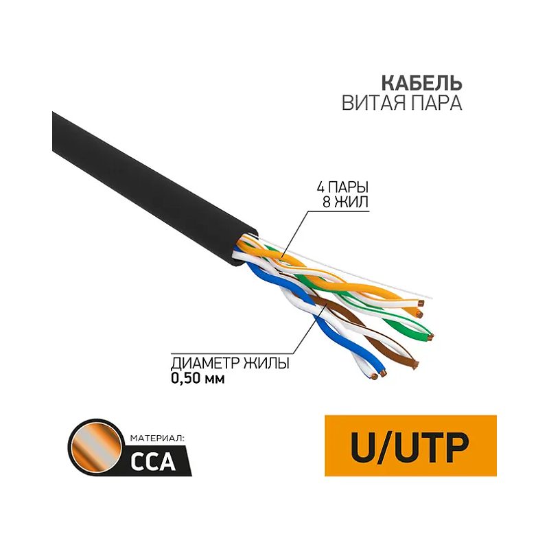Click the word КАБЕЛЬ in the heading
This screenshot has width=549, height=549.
pyautogui.click(x=421, y=83)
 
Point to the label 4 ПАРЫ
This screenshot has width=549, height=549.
pyautogui.click(x=342, y=187)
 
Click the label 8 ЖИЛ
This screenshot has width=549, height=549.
pyautogui.click(x=345, y=202)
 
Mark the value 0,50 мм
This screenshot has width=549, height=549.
pyautogui.click(x=198, y=378)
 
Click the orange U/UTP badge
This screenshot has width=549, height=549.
pyautogui.click(x=410, y=445)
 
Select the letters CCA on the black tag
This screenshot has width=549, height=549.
pyautogui.click(x=152, y=462)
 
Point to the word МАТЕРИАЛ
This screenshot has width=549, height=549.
pyautogui.click(x=156, y=438)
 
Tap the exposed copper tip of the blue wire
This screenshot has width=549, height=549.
pyautogui.click(x=383, y=374)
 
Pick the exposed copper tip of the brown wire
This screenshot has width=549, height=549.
pyautogui.click(x=416, y=365)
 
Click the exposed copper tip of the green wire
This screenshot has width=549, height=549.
pyautogui.click(x=431, y=337)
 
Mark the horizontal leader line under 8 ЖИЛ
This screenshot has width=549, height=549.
pyautogui.click(x=338, y=211)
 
